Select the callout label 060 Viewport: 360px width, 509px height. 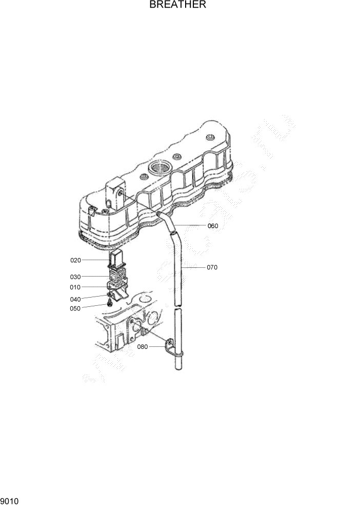coord(213,226)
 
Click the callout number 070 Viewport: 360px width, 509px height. coord(213,267)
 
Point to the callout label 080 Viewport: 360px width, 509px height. coord(143,347)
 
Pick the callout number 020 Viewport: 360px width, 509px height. coord(76,260)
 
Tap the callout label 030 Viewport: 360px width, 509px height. coord(76,277)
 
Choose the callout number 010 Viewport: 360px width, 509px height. coord(76,287)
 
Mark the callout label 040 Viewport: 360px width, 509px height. coord(76,299)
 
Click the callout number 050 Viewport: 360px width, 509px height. coord(76,308)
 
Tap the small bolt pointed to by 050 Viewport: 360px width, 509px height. coord(110,303)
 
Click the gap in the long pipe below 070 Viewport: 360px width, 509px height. coord(176,306)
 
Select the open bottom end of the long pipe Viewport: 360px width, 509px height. coord(178,365)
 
